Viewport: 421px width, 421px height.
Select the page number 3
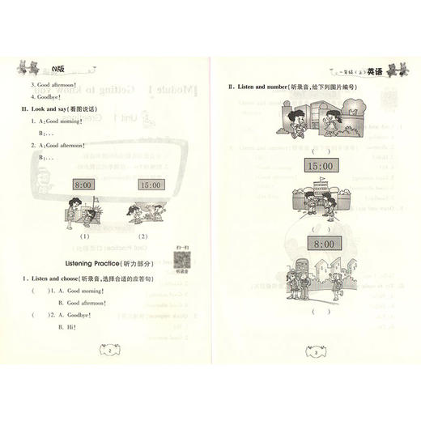coord(314,352)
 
